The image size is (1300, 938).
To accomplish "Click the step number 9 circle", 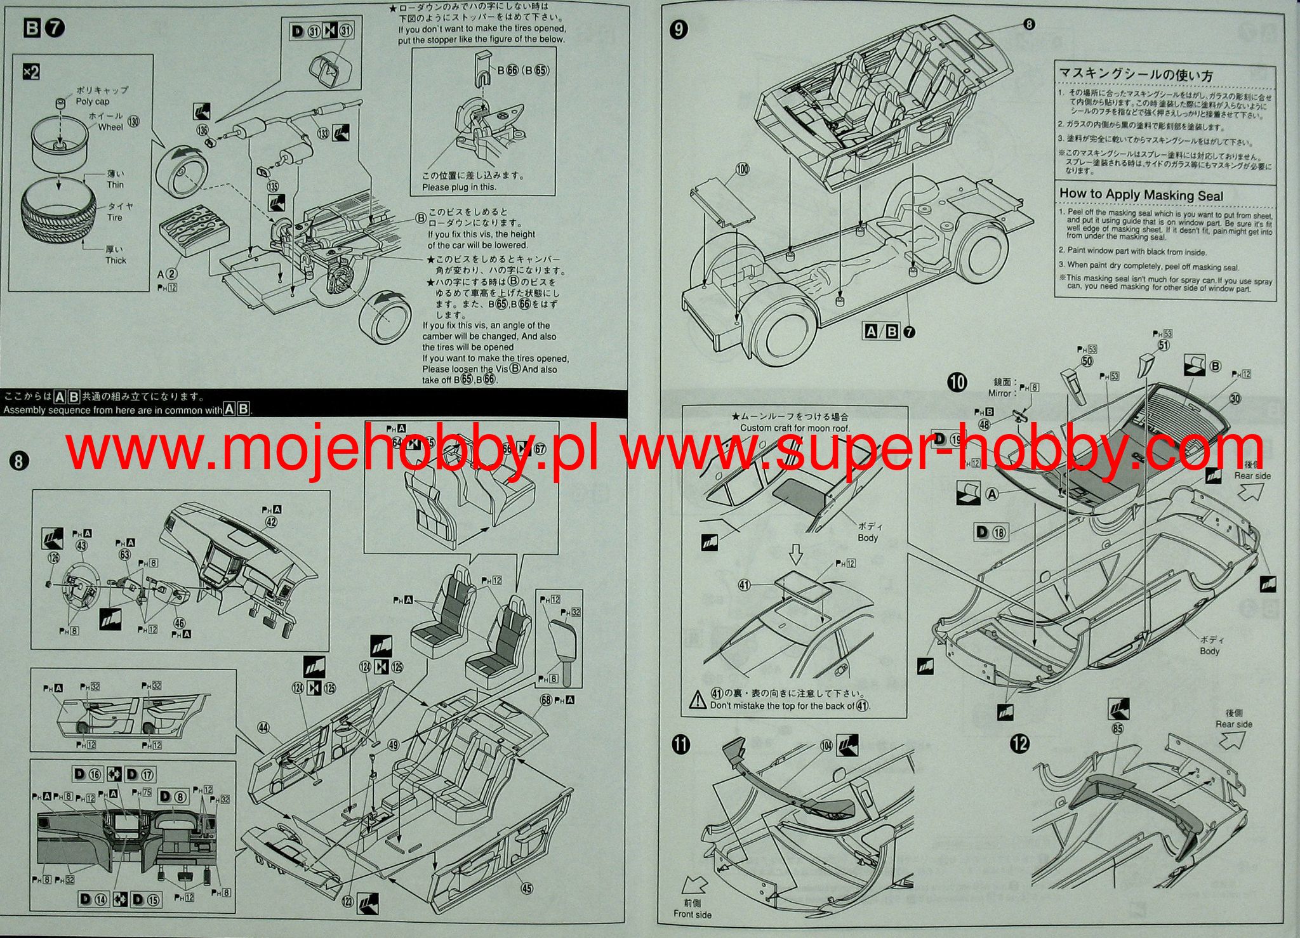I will pyautogui.click(x=679, y=30).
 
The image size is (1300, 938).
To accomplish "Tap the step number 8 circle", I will pyautogui.click(x=18, y=461).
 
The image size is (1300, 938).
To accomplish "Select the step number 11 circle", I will pyautogui.click(x=680, y=744).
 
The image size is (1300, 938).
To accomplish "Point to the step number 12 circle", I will pyautogui.click(x=1019, y=743).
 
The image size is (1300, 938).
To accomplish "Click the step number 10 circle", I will pyautogui.click(x=957, y=382).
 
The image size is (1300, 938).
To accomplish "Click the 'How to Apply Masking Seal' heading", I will pyautogui.click(x=1141, y=195).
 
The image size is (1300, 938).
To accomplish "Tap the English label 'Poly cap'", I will pyautogui.click(x=93, y=102).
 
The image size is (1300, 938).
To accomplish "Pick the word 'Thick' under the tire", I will pyautogui.click(x=116, y=260).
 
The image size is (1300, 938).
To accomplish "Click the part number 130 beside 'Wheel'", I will pyautogui.click(x=133, y=121).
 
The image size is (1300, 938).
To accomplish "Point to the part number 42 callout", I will pyautogui.click(x=271, y=522).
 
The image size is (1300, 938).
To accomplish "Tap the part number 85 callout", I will pyautogui.click(x=1118, y=729).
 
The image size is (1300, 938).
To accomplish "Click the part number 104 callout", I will pyautogui.click(x=826, y=746).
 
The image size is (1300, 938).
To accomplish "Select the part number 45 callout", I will pyautogui.click(x=527, y=888).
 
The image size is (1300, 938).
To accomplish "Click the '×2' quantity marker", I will pyautogui.click(x=30, y=72).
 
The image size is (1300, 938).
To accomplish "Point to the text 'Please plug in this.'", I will pyautogui.click(x=459, y=187).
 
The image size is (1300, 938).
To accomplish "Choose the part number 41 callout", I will pyautogui.click(x=745, y=585).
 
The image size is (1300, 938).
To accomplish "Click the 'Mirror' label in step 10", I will pyautogui.click(x=999, y=393).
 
